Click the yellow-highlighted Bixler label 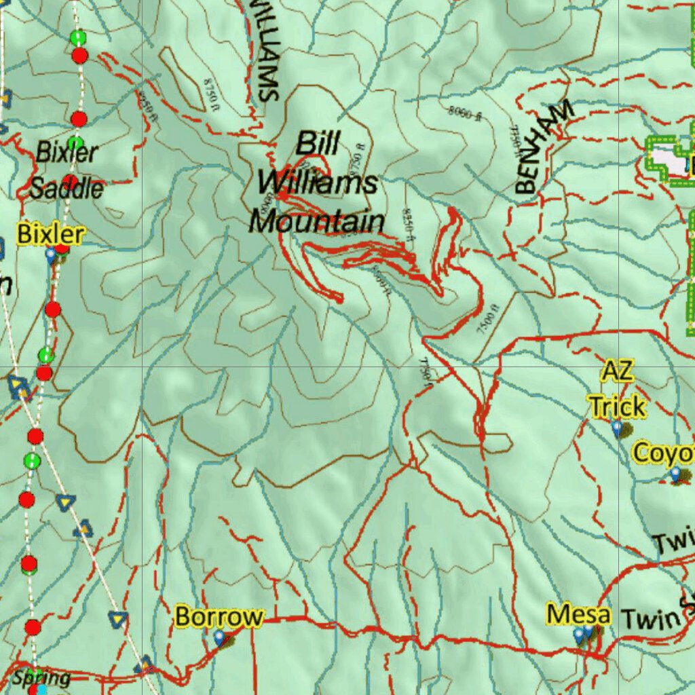[51, 235]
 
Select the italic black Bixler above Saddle [67, 152]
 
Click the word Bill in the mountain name [318, 144]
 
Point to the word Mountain [316, 221]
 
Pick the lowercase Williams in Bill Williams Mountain [317, 183]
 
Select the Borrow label [219, 617]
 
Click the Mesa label [578, 615]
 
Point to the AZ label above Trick [617, 371]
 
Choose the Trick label [617, 407]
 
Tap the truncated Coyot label [663, 453]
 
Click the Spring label [41, 677]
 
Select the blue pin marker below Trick [616, 428]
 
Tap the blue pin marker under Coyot [675, 474]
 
